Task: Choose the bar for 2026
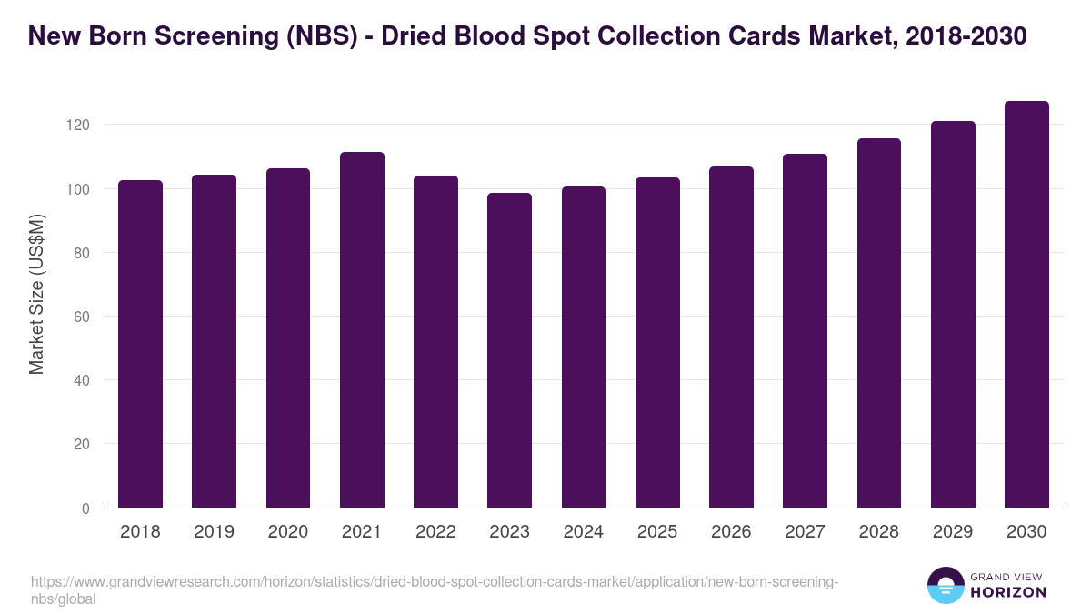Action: click(731, 337)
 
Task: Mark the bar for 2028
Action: click(878, 323)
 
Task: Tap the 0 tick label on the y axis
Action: click(85, 508)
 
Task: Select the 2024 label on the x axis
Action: click(584, 532)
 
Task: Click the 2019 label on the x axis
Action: click(214, 532)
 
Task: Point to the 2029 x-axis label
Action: click(953, 532)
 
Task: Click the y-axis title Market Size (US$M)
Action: click(36, 294)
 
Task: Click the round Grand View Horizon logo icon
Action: click(946, 585)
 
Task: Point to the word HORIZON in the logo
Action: click(1008, 592)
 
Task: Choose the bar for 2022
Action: click(435, 342)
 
